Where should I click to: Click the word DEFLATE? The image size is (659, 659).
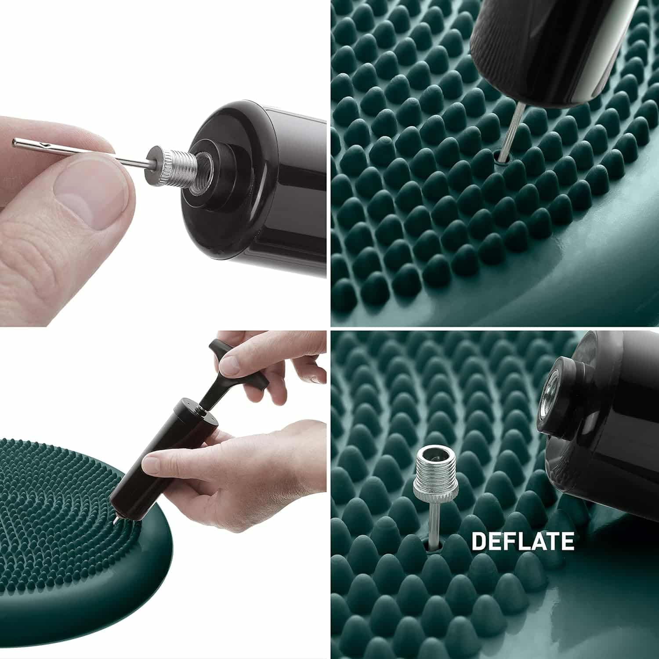522,541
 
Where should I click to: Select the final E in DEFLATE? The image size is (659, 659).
567,541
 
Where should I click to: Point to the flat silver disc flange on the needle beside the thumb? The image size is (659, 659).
152,162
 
